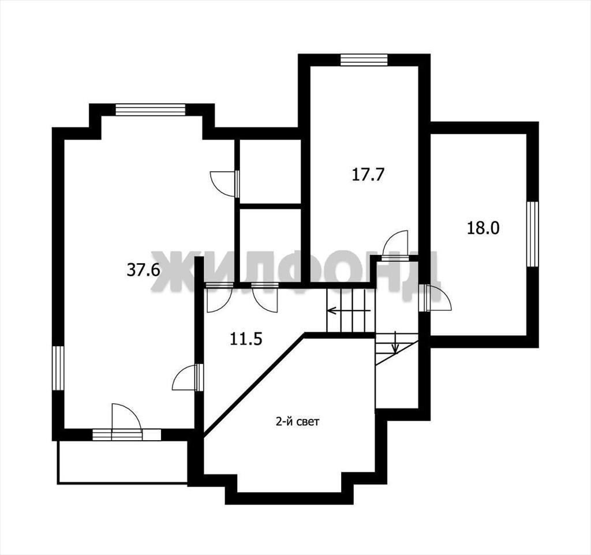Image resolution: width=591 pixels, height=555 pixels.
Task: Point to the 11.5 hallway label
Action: click(246, 339)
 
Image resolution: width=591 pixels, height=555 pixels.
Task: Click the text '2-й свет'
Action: click(298, 422)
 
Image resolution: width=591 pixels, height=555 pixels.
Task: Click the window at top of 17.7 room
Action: click(364, 60)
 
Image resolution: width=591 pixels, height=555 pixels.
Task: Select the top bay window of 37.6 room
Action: click(151, 109)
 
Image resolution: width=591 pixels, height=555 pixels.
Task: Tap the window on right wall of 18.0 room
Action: click(533, 234)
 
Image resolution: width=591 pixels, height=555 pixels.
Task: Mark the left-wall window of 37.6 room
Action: click(58, 368)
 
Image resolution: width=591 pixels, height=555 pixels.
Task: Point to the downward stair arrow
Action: click(395, 343)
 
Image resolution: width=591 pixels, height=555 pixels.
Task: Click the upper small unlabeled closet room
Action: click(270, 171)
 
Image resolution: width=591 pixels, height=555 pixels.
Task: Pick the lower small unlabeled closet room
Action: click(270, 246)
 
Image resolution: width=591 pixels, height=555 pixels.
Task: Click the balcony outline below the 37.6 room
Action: click(122, 462)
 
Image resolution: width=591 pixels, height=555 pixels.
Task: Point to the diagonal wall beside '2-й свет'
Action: click(254, 385)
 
